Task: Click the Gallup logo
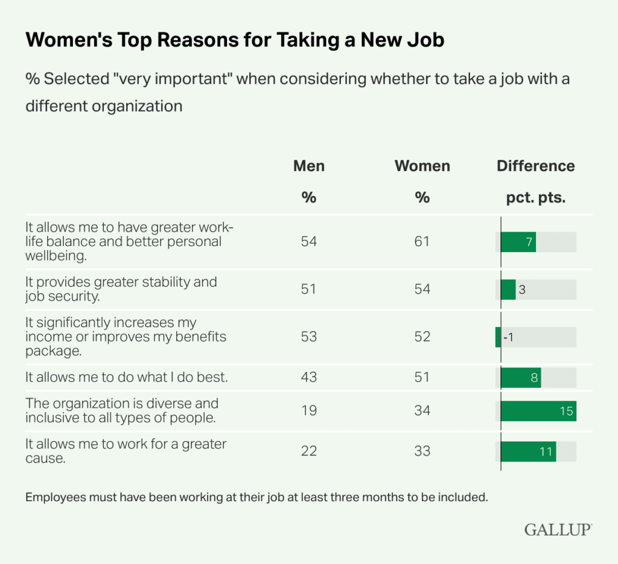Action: (558, 530)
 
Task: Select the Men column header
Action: (308, 166)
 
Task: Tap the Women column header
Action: (422, 166)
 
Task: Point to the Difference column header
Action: (536, 166)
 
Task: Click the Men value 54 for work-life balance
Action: (308, 242)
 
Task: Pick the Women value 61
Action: (422, 242)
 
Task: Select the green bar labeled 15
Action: (538, 411)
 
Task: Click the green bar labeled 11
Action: (529, 451)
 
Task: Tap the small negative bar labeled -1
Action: (498, 337)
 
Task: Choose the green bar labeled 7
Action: (518, 242)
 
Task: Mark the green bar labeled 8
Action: (521, 378)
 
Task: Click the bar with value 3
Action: (508, 290)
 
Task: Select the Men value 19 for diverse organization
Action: (308, 411)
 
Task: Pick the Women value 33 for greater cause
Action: (422, 451)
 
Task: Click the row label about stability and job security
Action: (121, 289)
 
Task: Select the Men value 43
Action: (308, 378)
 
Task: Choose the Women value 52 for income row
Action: (422, 337)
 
